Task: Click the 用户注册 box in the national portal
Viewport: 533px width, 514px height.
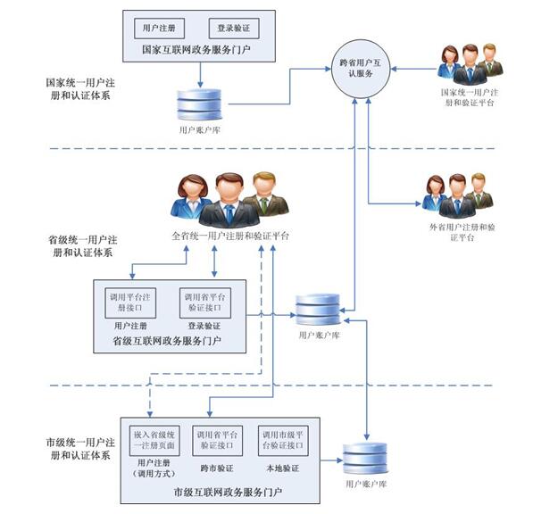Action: point(157,28)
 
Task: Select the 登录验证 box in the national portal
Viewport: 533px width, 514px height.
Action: point(231,28)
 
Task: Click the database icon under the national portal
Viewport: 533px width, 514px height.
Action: point(200,104)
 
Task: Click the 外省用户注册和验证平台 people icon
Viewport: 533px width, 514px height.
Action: point(457,196)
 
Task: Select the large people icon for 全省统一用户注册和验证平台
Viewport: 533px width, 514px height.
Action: point(229,199)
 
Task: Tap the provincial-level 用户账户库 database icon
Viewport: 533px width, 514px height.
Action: point(318,309)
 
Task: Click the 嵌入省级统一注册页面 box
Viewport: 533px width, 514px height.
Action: point(157,437)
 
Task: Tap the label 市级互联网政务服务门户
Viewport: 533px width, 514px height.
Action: point(229,492)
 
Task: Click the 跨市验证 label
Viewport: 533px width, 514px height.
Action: point(217,467)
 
